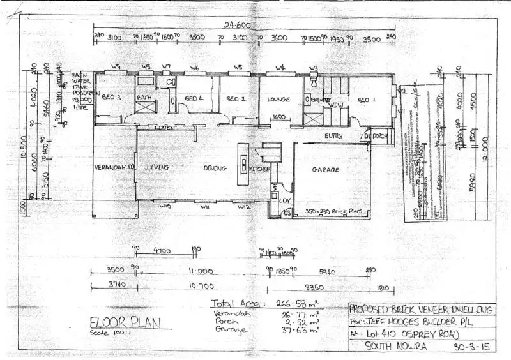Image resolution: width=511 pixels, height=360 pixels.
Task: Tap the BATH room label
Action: pos(146,98)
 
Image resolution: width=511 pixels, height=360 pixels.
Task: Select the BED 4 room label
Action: pos(194,98)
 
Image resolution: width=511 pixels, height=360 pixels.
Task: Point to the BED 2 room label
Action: pos(236,99)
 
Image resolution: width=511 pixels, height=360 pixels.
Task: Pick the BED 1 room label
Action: pos(365,100)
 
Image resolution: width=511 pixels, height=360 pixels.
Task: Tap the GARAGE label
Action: pos(326,170)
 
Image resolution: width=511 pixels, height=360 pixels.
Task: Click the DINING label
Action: pos(216,169)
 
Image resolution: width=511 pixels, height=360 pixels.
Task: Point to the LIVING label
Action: pos(157,167)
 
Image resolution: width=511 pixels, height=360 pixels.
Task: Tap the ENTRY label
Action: pos(333,136)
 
